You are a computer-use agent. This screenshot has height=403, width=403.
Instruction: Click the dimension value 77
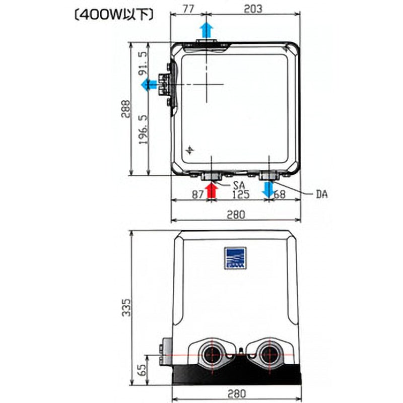pos(188,9)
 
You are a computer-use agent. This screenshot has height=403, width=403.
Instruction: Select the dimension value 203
pos(253,9)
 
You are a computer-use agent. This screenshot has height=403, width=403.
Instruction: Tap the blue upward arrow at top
pos(207,30)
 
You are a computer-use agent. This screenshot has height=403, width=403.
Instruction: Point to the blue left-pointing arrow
pos(149,85)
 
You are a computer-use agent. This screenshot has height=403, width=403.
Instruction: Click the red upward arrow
pos(212,190)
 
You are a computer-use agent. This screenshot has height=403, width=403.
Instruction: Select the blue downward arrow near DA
pos(268,190)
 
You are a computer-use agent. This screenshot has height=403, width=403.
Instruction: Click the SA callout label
pos(239,185)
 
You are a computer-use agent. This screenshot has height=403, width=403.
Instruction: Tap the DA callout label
pos(322,194)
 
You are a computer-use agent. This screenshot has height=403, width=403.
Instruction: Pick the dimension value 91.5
pos(143,63)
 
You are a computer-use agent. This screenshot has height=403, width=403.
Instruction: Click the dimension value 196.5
pos(144,129)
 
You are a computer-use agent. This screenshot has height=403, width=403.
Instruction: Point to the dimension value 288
pos(126,109)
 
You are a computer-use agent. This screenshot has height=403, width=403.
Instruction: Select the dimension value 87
pos(198,194)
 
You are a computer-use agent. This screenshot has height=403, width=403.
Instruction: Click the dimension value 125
pos(241,194)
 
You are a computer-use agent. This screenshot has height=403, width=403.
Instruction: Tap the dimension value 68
pos(280,194)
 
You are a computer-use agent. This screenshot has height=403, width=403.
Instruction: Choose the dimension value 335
pos(126,307)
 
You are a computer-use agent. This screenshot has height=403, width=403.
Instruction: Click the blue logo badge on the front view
pos(235,258)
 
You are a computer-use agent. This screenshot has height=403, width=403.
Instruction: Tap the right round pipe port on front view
pos(269,355)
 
